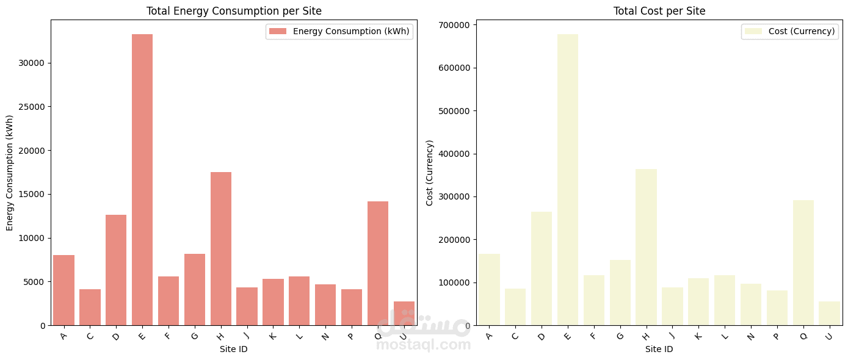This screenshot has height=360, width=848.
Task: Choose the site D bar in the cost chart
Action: [x=542, y=268]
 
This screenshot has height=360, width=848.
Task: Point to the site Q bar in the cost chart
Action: [x=803, y=263]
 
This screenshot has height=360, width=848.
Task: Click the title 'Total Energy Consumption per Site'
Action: [x=234, y=11]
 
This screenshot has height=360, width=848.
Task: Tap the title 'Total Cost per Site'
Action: [x=659, y=11]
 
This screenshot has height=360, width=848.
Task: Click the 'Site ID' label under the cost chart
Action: [x=659, y=350]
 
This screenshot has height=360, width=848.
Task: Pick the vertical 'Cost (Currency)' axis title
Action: [x=430, y=173]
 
